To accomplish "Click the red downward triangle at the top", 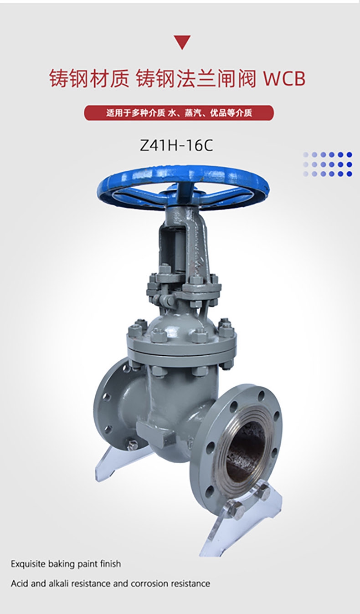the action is (182, 41).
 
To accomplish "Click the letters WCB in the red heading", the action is (284, 79).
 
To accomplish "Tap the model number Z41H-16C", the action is (176, 145).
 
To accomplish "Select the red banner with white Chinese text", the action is (179, 113).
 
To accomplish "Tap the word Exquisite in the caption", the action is (29, 564).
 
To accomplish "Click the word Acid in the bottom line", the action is (20, 583).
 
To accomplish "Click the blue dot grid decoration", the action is (327, 164).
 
